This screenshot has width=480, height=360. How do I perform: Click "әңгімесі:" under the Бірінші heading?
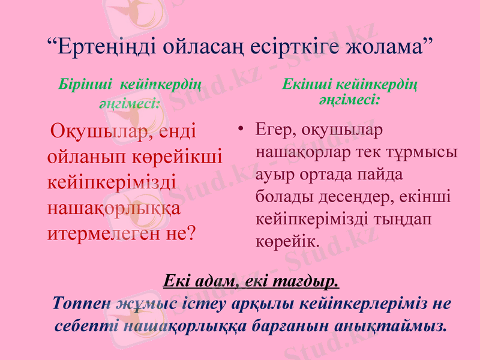tap(129, 103)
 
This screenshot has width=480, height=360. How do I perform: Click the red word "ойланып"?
tap(82, 157)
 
